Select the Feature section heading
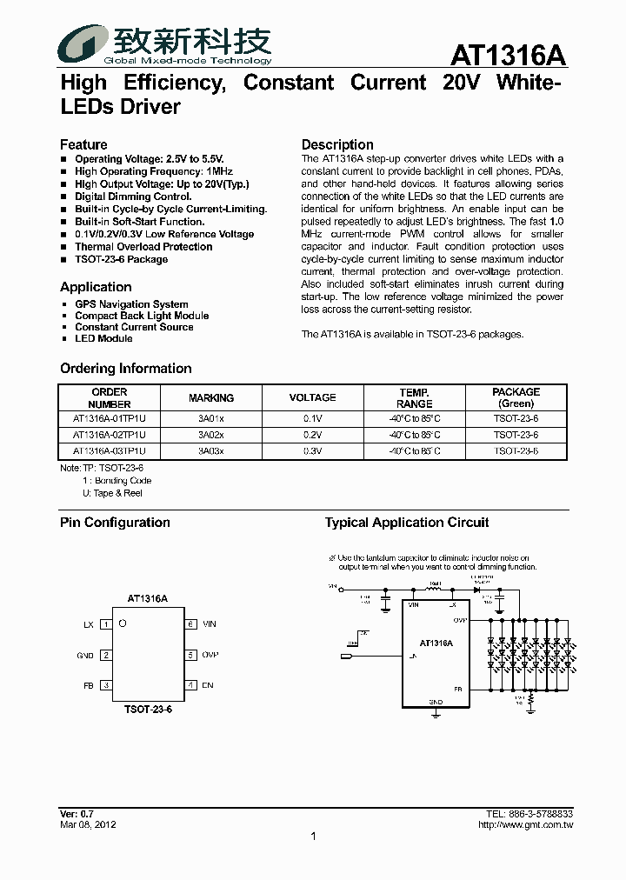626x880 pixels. pos(83,144)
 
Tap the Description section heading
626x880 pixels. pos(337,144)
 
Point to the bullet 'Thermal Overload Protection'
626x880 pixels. pos(143,247)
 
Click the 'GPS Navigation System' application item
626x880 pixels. pos(131,304)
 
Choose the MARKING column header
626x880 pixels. pos(211,398)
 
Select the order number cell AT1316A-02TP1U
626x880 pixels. pos(110,435)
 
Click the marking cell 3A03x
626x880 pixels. pos(211,451)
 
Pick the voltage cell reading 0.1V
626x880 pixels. pos(312,418)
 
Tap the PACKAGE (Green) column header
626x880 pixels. pos(516,398)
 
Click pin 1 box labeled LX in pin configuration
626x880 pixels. pos(106,624)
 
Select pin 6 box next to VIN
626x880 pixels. pos(190,624)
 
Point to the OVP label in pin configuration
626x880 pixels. pos(210,655)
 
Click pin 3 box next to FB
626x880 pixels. pos(106,685)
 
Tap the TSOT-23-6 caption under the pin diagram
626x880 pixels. pos(148,710)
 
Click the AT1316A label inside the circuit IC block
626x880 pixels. pos(436,643)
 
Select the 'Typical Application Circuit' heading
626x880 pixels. pos(407,523)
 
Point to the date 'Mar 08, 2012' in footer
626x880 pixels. pos(88,824)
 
